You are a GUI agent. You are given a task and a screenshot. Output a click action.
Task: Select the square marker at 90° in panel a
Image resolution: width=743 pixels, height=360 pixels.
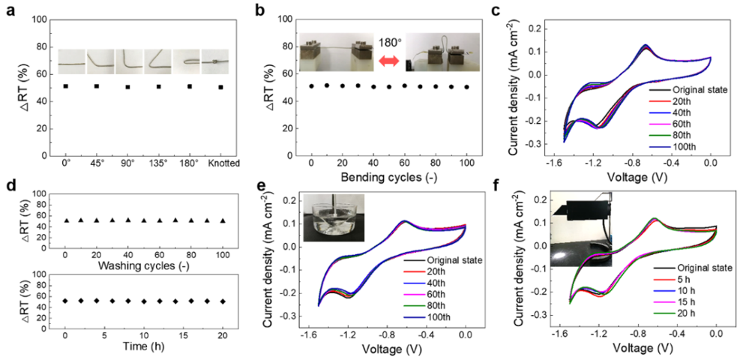coord(127,87)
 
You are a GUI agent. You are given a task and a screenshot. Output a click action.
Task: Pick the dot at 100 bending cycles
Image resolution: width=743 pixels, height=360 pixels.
coord(467,87)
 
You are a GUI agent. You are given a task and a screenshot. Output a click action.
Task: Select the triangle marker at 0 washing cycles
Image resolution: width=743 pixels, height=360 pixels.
coord(65,220)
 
